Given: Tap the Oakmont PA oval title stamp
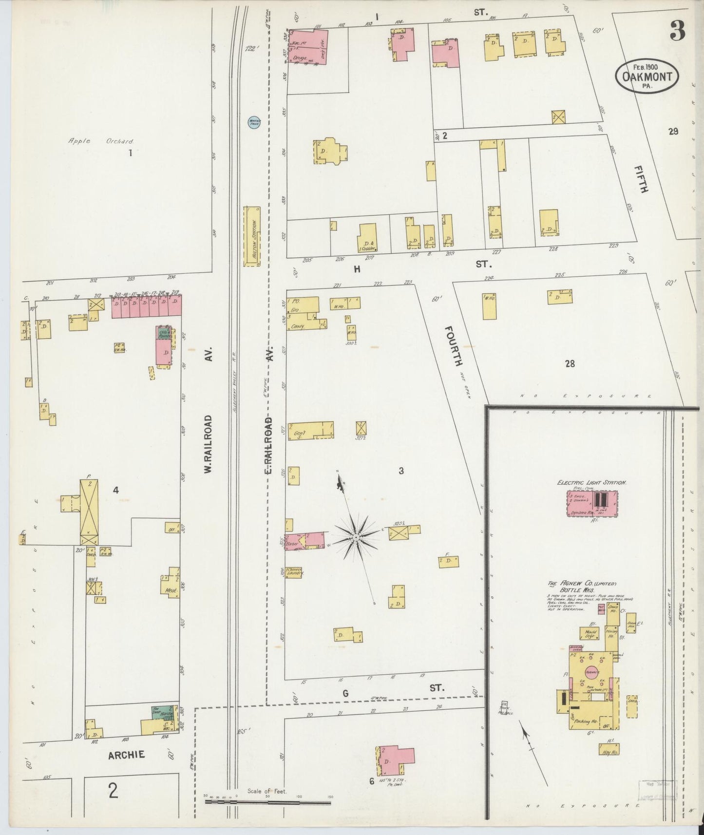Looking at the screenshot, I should (x=647, y=76).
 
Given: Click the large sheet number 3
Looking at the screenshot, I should (x=678, y=31).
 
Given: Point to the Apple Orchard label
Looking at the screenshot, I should (x=101, y=141).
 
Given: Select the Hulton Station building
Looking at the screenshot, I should (x=252, y=236).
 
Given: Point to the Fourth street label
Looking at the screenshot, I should (x=453, y=346).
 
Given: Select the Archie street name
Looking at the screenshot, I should (x=126, y=755).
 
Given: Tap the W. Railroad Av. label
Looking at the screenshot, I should (x=208, y=444).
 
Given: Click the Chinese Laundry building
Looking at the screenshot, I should (x=295, y=572).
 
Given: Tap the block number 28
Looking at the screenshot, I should (x=570, y=363).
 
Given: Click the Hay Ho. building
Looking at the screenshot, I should (x=609, y=749).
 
